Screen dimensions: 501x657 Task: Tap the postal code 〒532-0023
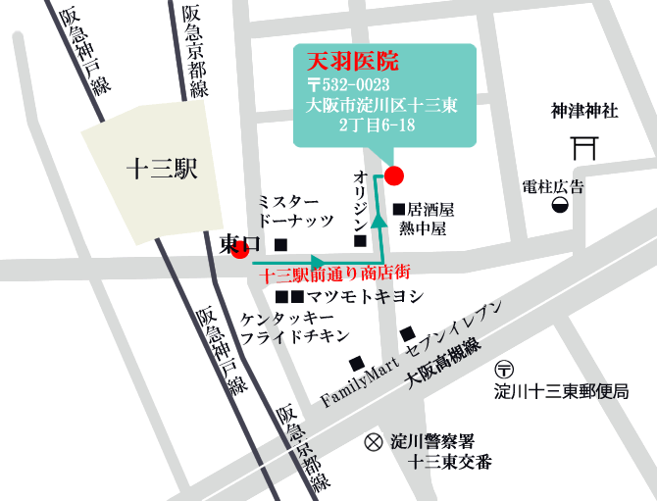pyautogui.click(x=352, y=83)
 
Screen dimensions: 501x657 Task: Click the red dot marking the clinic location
pyautogui.click(x=393, y=175)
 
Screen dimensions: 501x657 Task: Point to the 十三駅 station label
pyautogui.click(x=163, y=169)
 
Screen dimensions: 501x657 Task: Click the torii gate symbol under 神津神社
pyautogui.click(x=584, y=148)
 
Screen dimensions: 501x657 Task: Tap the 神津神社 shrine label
pyautogui.click(x=584, y=112)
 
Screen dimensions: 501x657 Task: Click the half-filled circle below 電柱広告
pyautogui.click(x=559, y=204)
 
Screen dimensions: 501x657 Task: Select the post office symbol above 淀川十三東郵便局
pyautogui.click(x=505, y=371)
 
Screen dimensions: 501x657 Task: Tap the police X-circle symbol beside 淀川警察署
pyautogui.click(x=373, y=442)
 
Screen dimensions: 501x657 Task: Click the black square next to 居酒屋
pyautogui.click(x=398, y=209)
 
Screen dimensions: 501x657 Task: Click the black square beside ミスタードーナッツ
pyautogui.click(x=281, y=242)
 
